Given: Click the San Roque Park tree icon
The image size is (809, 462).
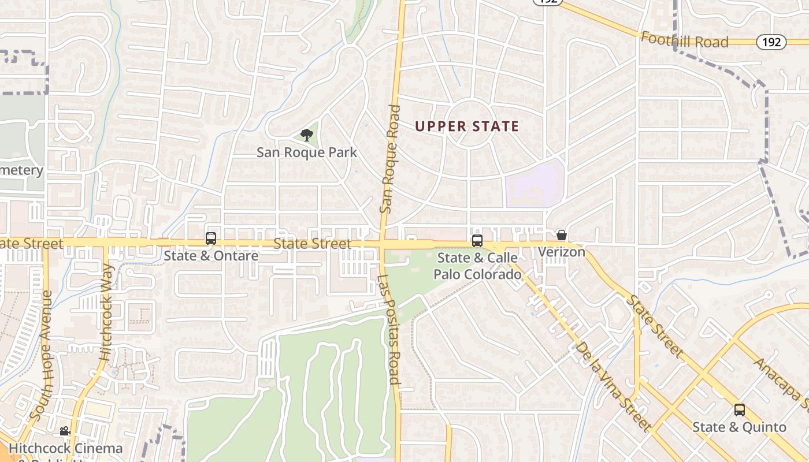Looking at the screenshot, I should click(307, 135).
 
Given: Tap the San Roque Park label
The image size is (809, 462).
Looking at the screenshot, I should click(307, 152).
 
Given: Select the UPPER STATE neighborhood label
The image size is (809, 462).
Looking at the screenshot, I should click(467, 126).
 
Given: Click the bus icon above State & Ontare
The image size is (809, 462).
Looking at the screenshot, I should click(211, 238).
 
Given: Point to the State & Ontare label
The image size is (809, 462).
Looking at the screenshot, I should click(211, 255).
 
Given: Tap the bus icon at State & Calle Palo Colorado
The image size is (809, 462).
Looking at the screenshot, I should click(477, 241).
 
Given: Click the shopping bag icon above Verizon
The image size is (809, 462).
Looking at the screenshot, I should click(561, 235).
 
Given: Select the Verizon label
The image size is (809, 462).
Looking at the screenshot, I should click(562, 252).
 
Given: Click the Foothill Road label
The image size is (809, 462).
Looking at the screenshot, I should click(685, 40).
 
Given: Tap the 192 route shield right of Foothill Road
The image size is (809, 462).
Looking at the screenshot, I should click(771, 42).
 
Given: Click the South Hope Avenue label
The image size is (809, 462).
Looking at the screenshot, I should click(40, 355).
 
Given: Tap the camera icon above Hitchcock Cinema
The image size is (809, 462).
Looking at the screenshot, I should click(65, 431).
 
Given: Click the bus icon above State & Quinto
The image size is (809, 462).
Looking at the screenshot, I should click(740, 410).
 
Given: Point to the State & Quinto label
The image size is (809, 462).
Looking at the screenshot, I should click(740, 427).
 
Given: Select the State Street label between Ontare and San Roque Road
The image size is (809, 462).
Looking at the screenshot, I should click(312, 244).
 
